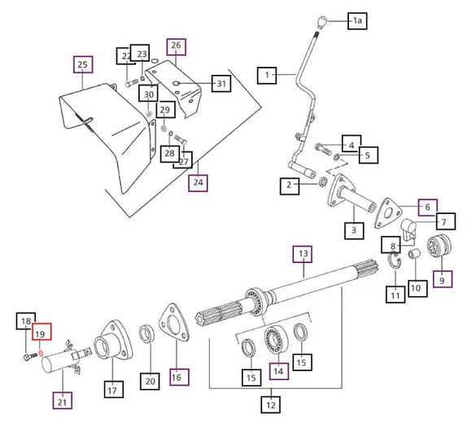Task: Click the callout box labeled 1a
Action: click(x=357, y=21)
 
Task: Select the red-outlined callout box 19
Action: click(x=42, y=331)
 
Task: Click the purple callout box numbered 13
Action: click(x=303, y=254)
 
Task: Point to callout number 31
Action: click(x=221, y=83)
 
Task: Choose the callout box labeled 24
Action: click(x=198, y=182)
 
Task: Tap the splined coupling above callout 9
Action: click(x=439, y=245)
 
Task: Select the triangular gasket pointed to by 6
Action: click(x=388, y=213)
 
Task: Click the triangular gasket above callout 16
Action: click(x=173, y=323)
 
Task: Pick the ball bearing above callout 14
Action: click(x=275, y=340)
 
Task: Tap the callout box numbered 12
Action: click(x=271, y=404)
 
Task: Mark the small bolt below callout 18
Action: click(x=29, y=356)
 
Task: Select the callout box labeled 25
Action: click(x=83, y=64)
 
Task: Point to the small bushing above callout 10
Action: click(x=413, y=254)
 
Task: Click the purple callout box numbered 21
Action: click(x=63, y=400)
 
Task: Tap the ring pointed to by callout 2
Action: click(x=323, y=181)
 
